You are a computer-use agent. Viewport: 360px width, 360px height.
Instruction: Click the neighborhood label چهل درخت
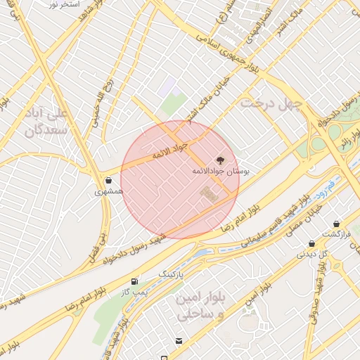pos(271,103)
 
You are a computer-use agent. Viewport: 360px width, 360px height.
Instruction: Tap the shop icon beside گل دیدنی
pos(311,244)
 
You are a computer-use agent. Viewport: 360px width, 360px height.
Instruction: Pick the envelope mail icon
pos(179,341)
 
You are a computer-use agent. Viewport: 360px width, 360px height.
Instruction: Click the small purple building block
pos(166,88)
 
